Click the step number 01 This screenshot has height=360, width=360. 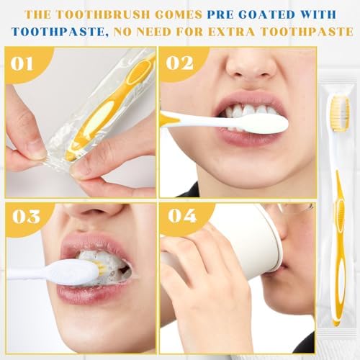coord(22,63)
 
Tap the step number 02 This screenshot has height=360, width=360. coord(179,63)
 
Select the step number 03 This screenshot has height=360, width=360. coord(27,216)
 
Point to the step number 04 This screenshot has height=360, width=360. coord(182,215)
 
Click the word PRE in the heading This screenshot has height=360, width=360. coord(220,14)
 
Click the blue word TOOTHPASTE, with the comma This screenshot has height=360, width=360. coord(60,32)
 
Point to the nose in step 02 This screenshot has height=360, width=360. coord(251,63)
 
